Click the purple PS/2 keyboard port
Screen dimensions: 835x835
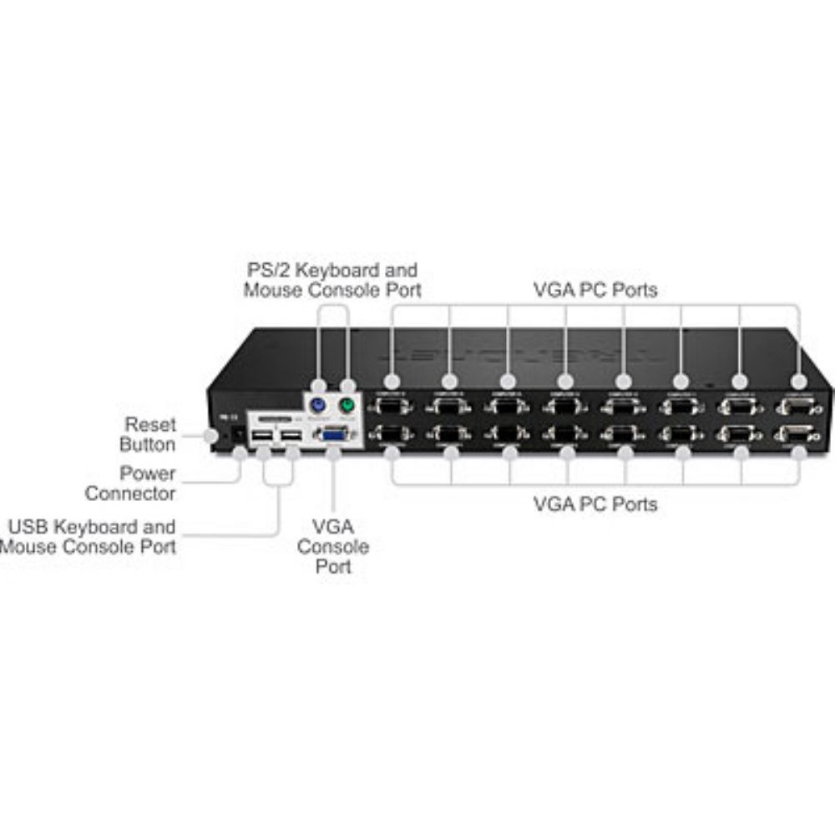[317, 406]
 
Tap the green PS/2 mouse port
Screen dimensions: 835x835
[347, 407]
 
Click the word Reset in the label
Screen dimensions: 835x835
[150, 424]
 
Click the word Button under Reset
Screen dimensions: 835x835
[148, 444]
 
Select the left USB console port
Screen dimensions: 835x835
[262, 438]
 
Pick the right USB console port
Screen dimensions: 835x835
[291, 438]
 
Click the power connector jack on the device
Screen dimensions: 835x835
[238, 434]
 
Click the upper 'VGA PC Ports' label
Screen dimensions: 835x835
[595, 290]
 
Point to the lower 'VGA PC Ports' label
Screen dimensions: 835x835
[595, 504]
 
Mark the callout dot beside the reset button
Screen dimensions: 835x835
[210, 435]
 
